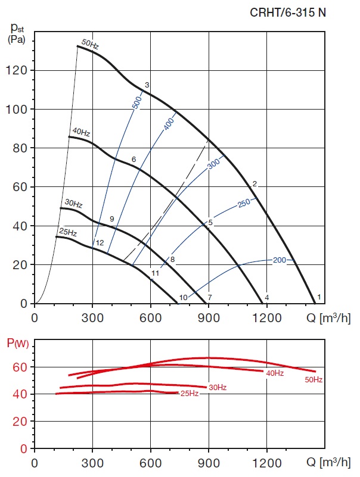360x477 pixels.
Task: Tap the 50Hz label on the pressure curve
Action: point(90,43)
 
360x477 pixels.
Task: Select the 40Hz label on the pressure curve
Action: point(81,132)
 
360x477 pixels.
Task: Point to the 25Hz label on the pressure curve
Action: point(68,232)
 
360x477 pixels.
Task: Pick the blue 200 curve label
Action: point(280,260)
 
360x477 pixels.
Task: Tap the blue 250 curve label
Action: point(244,203)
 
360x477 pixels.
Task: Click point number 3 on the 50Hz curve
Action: point(147,85)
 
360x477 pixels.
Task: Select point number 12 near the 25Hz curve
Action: point(100,243)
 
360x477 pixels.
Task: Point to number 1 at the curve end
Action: point(319,297)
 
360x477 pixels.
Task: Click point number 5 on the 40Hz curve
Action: point(210,222)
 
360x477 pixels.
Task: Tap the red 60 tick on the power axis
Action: point(20,367)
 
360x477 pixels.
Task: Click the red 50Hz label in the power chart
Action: point(314,379)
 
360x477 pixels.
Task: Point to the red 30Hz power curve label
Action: point(217,388)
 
